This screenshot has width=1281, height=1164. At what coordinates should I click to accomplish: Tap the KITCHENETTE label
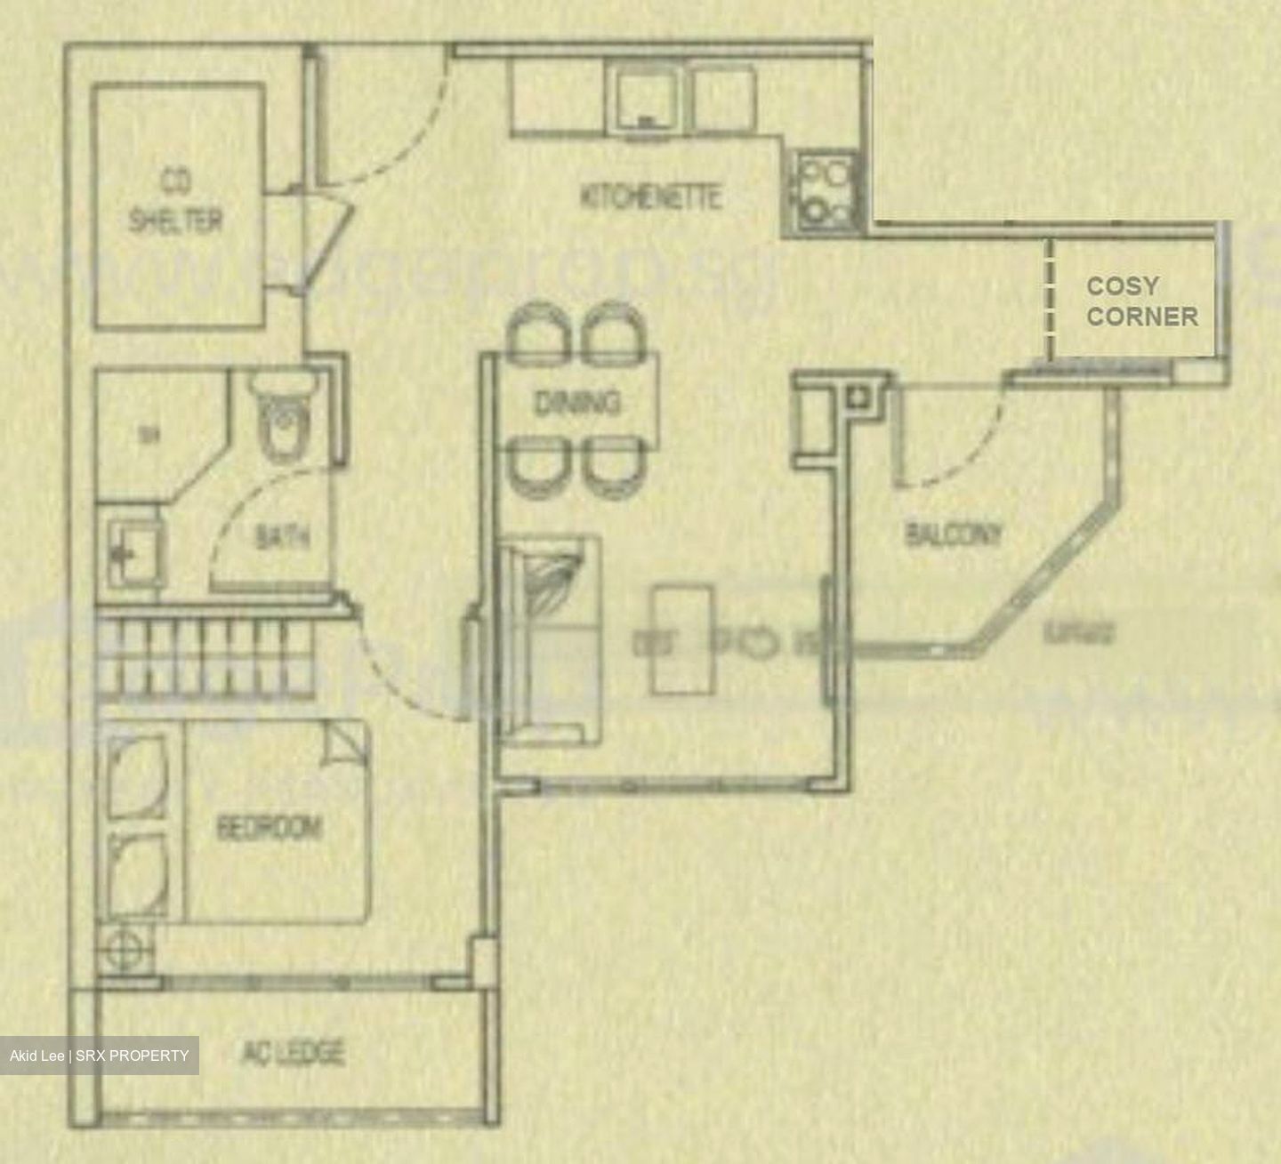[650, 197]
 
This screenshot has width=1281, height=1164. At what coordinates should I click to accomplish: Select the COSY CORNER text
[1141, 301]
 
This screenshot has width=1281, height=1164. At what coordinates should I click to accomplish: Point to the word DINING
[576, 403]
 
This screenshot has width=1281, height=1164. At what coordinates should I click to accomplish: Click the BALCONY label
[953, 534]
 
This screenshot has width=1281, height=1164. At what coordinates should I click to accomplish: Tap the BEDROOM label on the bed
[270, 828]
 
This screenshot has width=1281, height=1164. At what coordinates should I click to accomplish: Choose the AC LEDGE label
[293, 1053]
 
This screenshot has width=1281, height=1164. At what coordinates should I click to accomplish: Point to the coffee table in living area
[681, 638]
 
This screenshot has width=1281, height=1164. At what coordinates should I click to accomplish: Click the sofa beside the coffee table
[549, 638]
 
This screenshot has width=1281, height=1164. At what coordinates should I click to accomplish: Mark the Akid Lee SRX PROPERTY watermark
[99, 1056]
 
